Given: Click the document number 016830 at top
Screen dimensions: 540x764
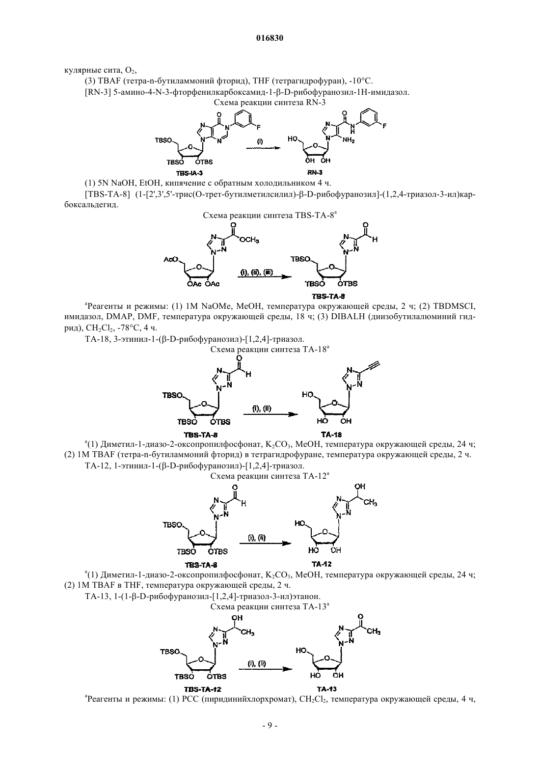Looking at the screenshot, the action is (x=270, y=38).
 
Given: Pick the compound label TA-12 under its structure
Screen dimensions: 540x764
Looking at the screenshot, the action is (x=322, y=564).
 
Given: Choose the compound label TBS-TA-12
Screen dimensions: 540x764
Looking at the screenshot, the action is (x=200, y=689).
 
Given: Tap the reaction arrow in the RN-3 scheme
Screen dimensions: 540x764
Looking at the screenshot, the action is (x=264, y=148).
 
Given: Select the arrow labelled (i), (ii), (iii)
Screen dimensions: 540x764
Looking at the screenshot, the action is (x=265, y=276).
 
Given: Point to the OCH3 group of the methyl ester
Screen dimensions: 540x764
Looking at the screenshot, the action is (x=249, y=240).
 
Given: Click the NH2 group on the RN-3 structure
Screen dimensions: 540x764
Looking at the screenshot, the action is (x=349, y=140).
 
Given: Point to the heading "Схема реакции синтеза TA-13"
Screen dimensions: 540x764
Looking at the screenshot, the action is (x=270, y=606).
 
